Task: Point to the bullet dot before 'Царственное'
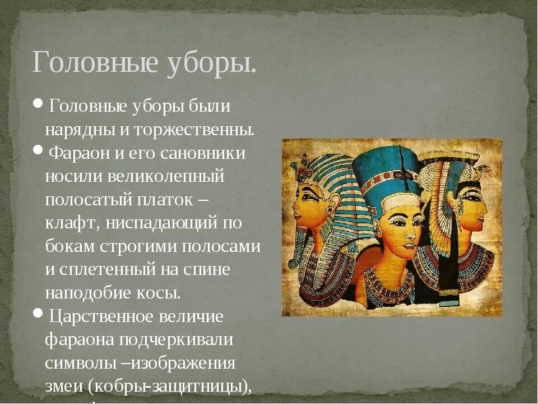[x=38, y=313]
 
